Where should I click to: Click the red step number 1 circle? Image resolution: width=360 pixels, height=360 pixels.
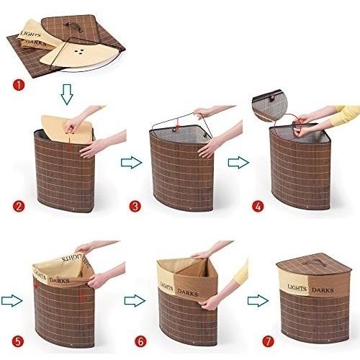[19, 85]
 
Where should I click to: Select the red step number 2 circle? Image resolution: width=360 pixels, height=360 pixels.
[19, 206]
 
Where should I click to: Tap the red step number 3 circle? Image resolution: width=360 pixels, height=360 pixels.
[135, 206]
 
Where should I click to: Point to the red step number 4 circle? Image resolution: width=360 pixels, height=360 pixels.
[258, 206]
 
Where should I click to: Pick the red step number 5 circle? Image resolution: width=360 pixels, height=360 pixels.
[17, 341]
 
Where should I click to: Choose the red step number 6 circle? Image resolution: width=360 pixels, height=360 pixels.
[140, 341]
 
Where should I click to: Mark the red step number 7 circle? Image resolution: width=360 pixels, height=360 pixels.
[268, 341]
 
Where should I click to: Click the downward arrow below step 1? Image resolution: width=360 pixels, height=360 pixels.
[67, 94]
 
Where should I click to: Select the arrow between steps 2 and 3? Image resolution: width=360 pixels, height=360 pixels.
[132, 163]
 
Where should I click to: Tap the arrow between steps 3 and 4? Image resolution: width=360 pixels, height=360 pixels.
[238, 163]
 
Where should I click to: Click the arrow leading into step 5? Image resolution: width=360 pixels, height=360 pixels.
[12, 301]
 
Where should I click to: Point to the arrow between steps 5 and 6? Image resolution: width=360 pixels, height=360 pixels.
[135, 301]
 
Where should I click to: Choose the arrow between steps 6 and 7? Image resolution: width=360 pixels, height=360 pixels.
[258, 301]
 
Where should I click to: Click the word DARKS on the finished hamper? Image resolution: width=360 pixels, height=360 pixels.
[323, 290]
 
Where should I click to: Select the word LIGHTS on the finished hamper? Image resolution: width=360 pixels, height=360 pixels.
[297, 288]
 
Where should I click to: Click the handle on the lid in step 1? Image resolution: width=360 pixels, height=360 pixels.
[76, 26]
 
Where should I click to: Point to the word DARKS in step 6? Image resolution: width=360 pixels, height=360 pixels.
[188, 292]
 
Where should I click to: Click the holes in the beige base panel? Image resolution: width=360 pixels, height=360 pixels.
[78, 50]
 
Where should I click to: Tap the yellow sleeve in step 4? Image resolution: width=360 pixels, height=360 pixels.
[346, 115]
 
